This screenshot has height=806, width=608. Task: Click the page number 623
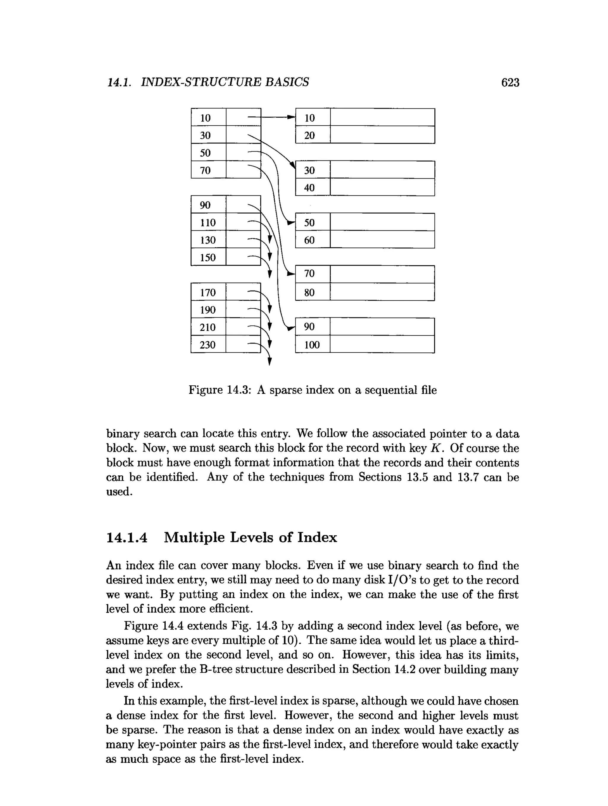point(510,83)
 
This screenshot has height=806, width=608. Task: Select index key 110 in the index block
point(208,223)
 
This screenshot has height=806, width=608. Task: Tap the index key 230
point(208,345)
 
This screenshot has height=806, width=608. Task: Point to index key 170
point(208,293)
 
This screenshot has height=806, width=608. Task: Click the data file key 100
point(312,345)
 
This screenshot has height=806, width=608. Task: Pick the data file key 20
point(309,135)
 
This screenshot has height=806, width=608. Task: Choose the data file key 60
point(309,240)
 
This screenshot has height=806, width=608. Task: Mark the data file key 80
point(309,293)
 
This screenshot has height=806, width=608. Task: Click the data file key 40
point(309,188)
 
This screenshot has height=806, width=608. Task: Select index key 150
point(208,258)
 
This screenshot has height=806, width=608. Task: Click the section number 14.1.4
point(127,538)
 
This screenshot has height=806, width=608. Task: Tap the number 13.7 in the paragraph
point(466,477)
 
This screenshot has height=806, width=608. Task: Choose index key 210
point(208,327)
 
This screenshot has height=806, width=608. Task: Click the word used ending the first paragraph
point(119,492)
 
